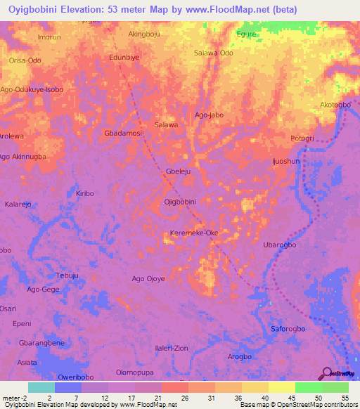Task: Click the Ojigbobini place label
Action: click(x=179, y=202)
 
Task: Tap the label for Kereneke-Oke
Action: click(x=195, y=233)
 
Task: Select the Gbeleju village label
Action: click(x=179, y=171)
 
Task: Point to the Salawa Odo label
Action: click(x=213, y=53)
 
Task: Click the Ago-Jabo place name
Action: click(x=209, y=115)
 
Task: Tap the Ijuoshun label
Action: click(x=286, y=161)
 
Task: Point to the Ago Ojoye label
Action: click(x=148, y=279)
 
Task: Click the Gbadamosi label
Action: click(x=123, y=133)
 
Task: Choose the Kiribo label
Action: click(x=84, y=193)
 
